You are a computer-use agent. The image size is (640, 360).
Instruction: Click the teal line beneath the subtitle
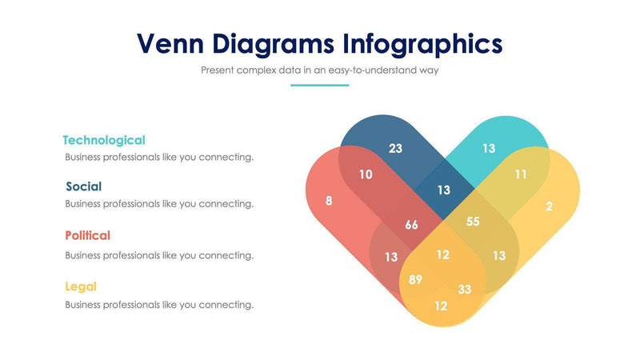tap(319, 85)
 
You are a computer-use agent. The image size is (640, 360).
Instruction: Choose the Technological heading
tap(104, 140)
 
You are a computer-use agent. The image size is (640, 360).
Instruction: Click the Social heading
tap(83, 186)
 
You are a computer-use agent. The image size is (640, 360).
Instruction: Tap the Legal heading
tap(81, 286)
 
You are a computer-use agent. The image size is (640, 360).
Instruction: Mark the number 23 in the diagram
tap(396, 148)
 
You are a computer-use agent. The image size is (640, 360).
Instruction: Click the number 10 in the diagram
tap(365, 174)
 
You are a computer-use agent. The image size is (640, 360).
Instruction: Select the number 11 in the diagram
tap(521, 174)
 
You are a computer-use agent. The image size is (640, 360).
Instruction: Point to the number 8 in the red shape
tap(329, 201)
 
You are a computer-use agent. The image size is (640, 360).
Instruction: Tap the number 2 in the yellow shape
tap(549, 206)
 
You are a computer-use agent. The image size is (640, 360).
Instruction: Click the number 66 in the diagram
tap(411, 225)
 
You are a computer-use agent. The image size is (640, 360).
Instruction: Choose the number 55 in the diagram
tap(473, 222)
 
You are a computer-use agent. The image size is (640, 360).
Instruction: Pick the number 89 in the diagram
tap(415, 279)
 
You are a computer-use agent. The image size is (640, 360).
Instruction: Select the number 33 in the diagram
tap(465, 289)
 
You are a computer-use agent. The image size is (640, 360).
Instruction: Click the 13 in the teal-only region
tap(489, 148)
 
